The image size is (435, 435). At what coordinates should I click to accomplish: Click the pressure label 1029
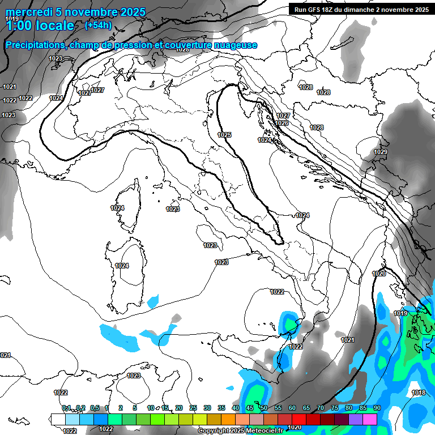click(381, 152)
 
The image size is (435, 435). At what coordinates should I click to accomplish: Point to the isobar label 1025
click(224, 135)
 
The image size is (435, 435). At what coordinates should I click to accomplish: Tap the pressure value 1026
click(282, 123)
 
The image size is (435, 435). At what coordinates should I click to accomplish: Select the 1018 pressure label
click(419, 393)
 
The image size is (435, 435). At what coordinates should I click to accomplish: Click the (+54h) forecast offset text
click(97, 25)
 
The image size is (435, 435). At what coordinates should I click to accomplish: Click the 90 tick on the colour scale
click(377, 408)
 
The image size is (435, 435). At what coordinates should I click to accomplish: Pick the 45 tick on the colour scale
click(250, 408)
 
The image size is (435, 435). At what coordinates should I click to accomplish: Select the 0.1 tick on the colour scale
click(66, 408)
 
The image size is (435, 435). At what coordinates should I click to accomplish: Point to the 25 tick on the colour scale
click(193, 408)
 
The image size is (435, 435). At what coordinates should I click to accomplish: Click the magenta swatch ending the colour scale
click(370, 419)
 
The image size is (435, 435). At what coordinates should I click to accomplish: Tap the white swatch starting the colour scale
click(58, 419)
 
